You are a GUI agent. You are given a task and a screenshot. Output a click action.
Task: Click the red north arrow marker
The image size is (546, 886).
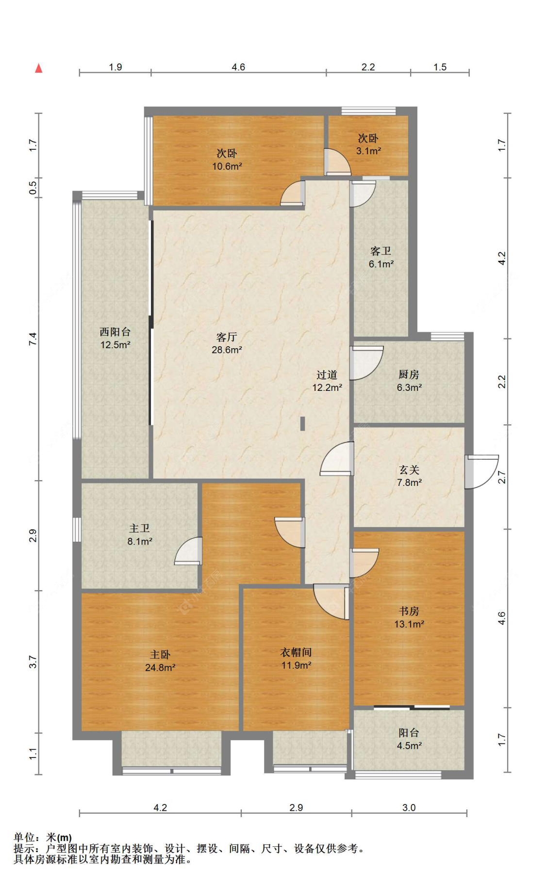(39, 68)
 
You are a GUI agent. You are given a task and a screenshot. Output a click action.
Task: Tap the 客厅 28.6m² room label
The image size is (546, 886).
(227, 343)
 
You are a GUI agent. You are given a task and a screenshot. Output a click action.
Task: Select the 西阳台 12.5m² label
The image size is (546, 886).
(115, 338)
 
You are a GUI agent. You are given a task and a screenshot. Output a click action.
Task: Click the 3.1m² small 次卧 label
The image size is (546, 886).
(368, 145)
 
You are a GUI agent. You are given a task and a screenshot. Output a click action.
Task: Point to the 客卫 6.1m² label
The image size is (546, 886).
(381, 257)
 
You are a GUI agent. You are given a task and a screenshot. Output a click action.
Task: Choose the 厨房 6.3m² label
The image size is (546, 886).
(409, 381)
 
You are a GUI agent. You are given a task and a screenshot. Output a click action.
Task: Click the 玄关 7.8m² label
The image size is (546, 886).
(409, 476)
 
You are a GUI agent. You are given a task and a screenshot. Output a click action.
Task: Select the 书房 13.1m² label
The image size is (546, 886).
(409, 617)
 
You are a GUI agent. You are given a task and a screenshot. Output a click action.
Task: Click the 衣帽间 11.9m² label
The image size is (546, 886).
(296, 659)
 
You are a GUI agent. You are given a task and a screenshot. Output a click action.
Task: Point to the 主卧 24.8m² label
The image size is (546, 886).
(160, 661)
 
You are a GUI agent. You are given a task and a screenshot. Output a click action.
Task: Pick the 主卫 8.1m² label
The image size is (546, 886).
(140, 534)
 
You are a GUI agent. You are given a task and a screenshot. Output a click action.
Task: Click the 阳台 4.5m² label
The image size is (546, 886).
(409, 739)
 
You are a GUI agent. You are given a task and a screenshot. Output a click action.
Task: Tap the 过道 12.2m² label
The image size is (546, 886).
(327, 381)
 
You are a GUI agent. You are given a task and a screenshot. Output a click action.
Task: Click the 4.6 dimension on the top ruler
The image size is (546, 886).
(238, 67)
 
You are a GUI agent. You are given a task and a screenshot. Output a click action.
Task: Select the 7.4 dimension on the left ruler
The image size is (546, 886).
(33, 338)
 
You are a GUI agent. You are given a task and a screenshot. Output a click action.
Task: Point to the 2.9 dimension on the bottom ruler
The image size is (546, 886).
(296, 807)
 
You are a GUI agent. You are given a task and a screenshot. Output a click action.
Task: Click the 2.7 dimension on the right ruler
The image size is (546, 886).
(502, 477)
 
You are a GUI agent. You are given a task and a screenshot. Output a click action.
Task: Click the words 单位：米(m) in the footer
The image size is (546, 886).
(43, 837)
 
